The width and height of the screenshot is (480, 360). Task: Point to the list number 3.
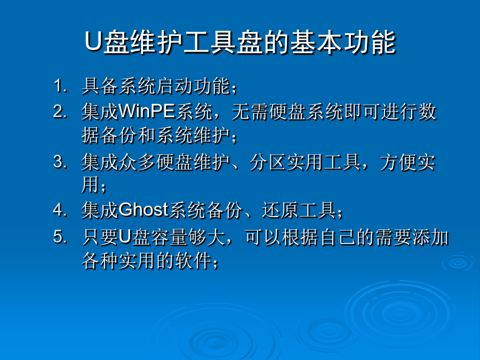pos(60,162)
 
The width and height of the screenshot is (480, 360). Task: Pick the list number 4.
pos(60,210)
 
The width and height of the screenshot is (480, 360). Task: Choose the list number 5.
pos(60,237)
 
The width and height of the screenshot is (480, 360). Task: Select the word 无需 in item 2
pos(250,111)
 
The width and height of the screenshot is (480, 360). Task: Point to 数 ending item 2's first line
pos(427,111)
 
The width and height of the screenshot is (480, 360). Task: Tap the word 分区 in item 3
pos(268,162)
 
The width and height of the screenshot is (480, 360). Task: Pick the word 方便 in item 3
pos(398,162)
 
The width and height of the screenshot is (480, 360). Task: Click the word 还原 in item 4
pos(280,210)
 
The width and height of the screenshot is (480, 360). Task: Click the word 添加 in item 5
pos(431,237)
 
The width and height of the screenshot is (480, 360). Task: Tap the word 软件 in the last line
pos(194,261)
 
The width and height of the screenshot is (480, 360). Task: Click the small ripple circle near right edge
pos(458,262)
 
